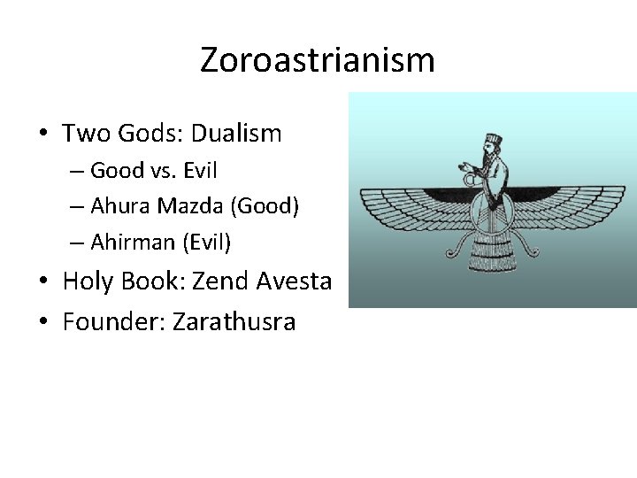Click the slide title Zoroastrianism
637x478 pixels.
coord(318,60)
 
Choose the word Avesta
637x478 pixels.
coord(294,281)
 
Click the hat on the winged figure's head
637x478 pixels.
coord(492,139)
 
